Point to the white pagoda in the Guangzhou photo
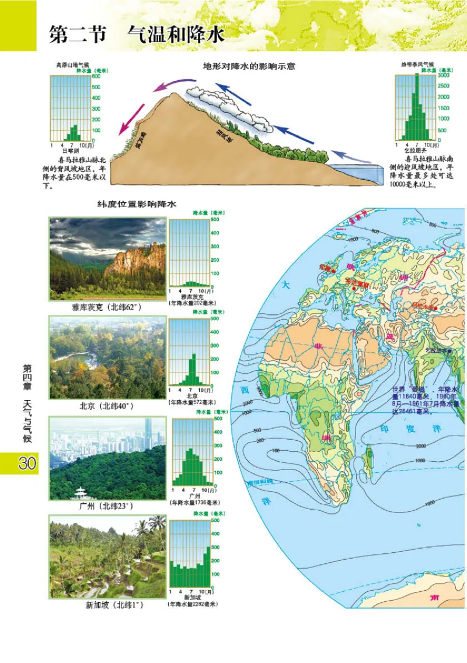(x=80, y=493)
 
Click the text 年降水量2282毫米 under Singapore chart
(x=192, y=604)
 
